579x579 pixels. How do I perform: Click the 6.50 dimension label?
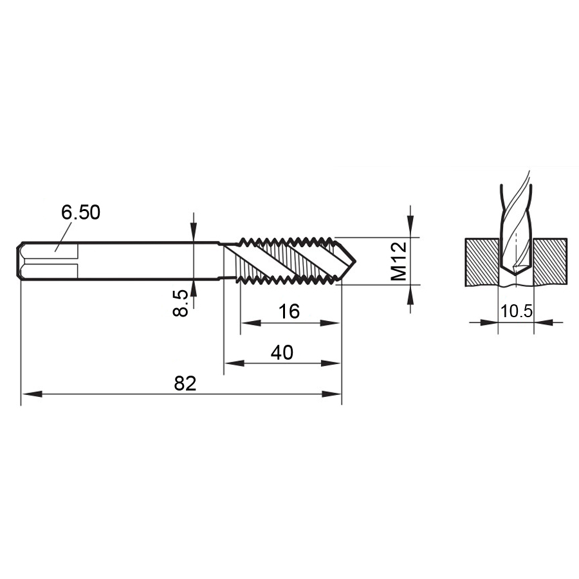80,213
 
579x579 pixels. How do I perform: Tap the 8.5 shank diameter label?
181,303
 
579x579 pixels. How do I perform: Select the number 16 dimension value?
289,311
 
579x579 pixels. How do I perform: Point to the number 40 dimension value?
282,353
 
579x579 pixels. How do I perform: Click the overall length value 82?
185,383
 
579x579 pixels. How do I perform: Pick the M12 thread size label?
399,261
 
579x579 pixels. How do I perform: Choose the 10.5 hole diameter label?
516,311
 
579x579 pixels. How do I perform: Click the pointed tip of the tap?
355,261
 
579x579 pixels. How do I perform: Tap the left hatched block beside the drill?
482,262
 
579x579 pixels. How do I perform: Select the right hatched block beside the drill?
549,262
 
